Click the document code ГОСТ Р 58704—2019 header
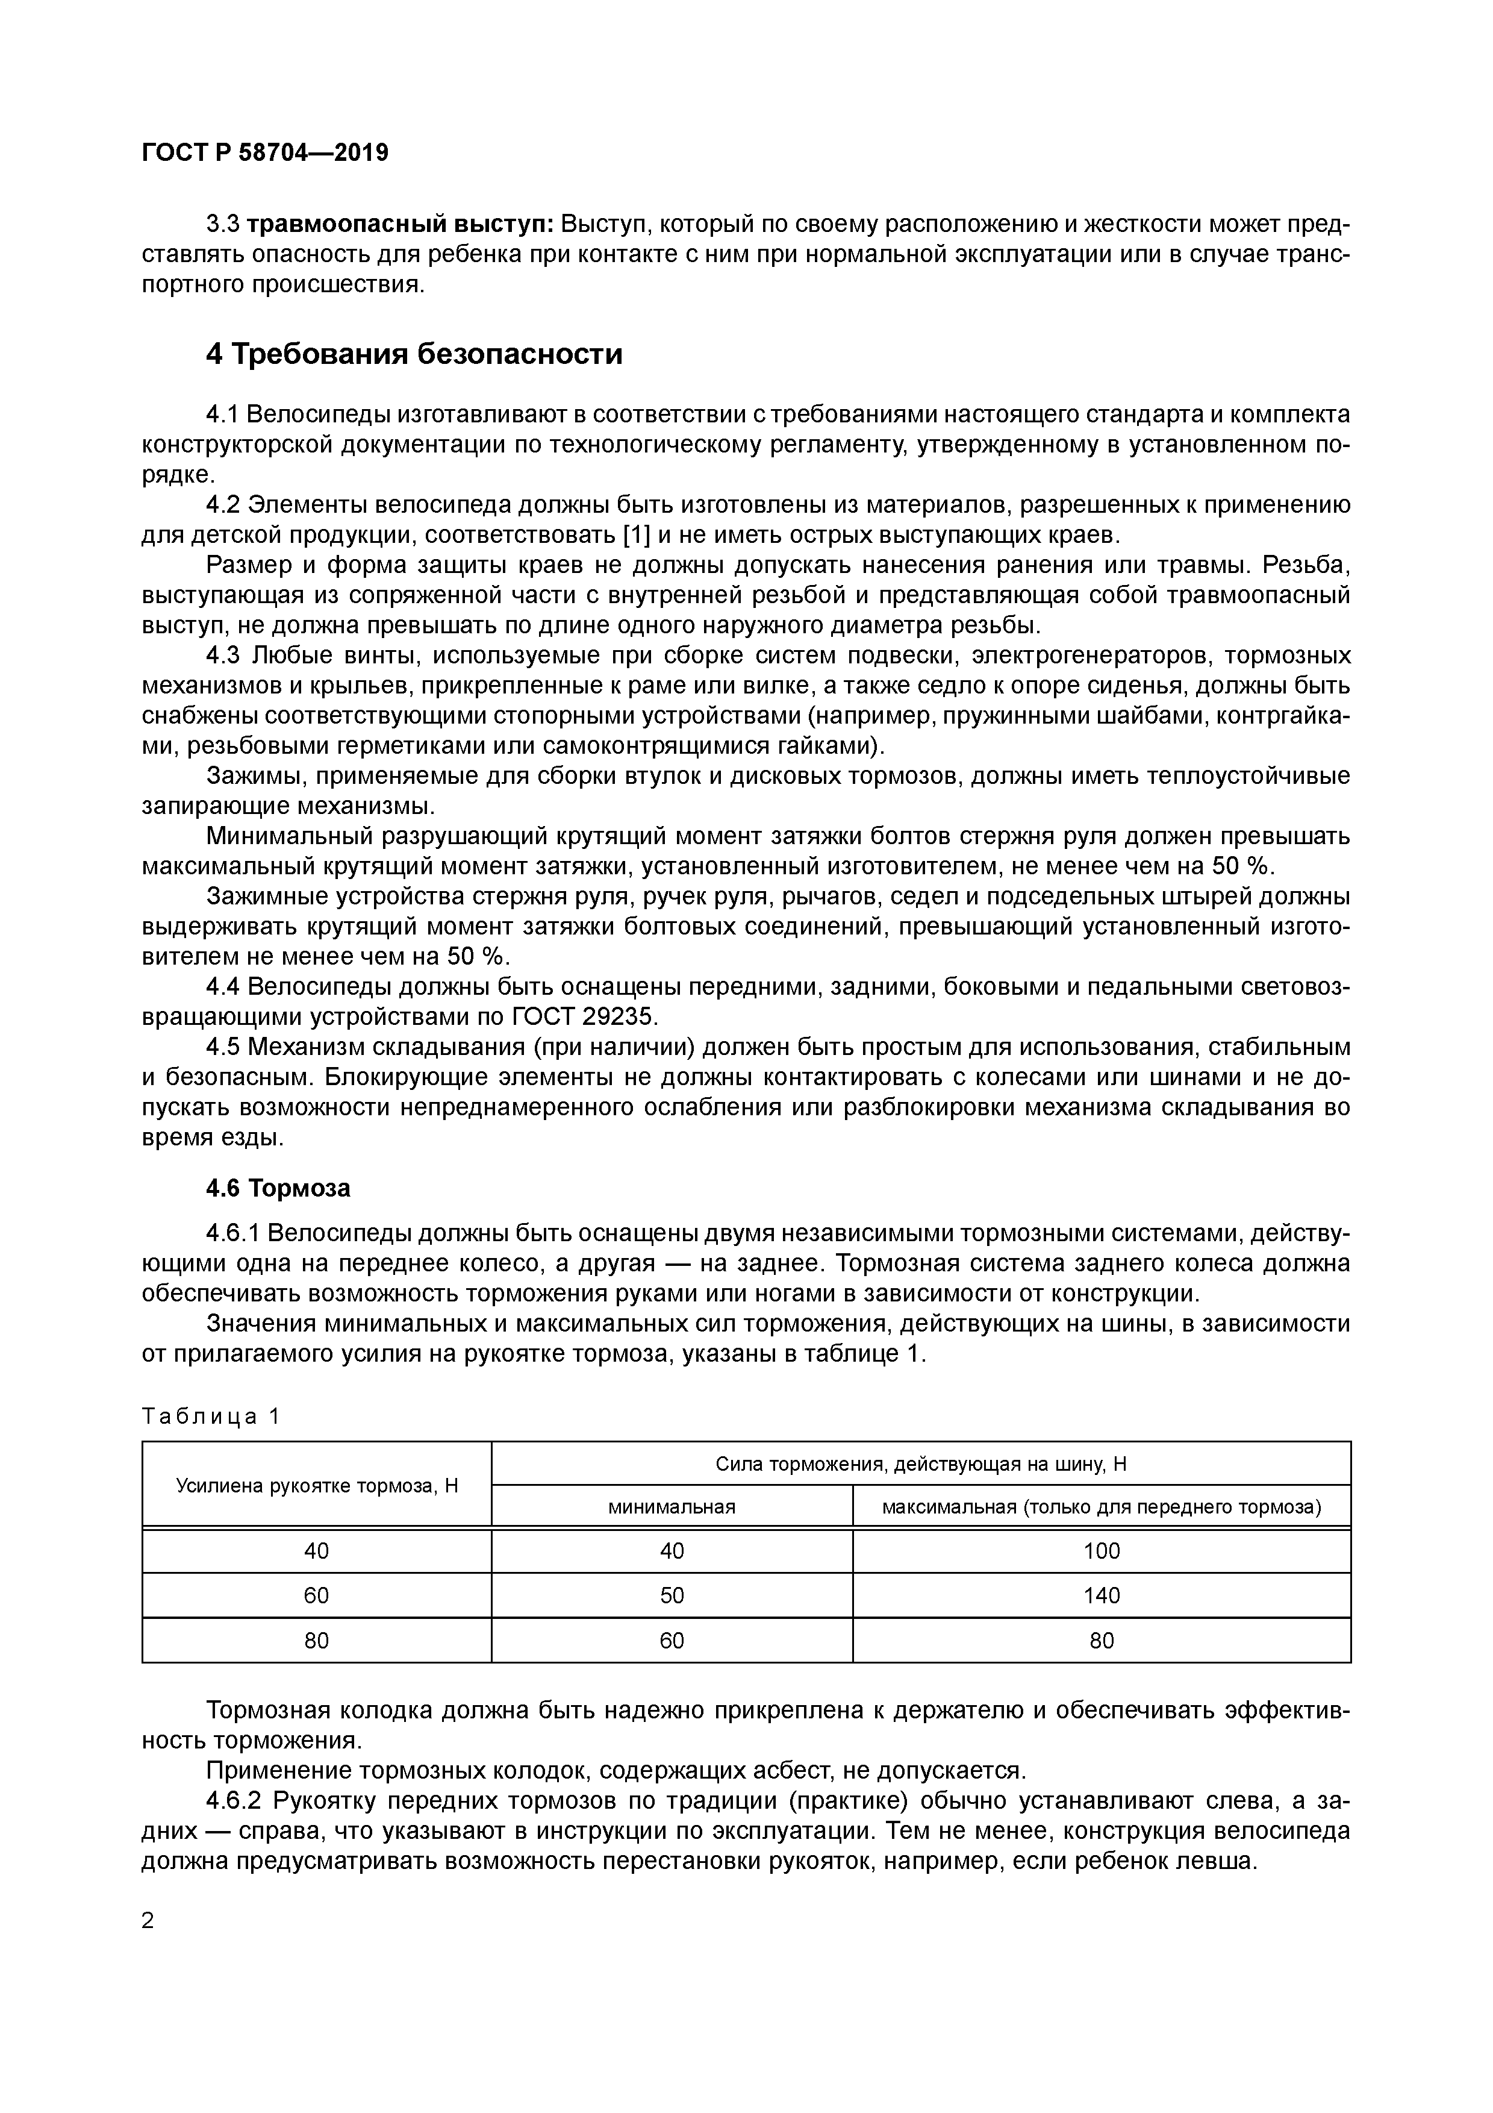(x=265, y=153)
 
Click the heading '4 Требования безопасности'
(x=414, y=354)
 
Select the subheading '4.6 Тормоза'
(x=278, y=1188)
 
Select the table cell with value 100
(x=1101, y=1551)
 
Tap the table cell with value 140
(x=1101, y=1596)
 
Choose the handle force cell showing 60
(x=316, y=1596)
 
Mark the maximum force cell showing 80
(x=1101, y=1641)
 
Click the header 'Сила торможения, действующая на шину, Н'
(x=921, y=1464)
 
